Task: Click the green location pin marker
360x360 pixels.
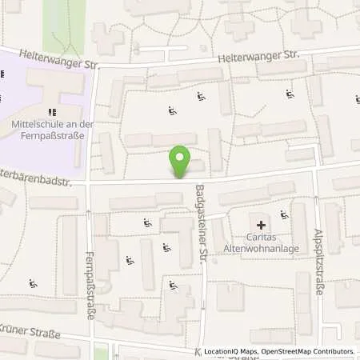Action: point(182,162)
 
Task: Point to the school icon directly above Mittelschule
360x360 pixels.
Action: point(53,112)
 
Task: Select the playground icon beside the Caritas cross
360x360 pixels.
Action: point(284,214)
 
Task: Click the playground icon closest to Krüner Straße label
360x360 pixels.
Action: point(32,283)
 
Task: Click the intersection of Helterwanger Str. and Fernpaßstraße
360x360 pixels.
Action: point(94,66)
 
